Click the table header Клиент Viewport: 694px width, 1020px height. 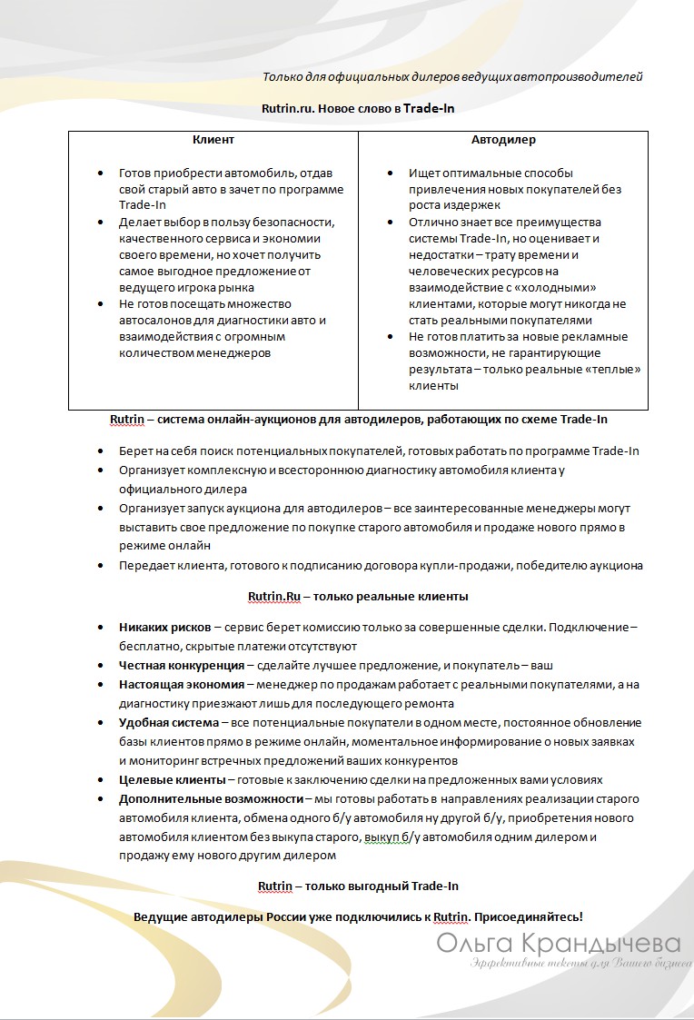point(213,140)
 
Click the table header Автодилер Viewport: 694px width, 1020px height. point(503,140)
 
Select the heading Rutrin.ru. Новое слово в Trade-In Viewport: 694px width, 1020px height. point(357,108)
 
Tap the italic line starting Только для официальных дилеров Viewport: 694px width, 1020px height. point(452,77)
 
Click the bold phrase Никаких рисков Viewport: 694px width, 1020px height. point(164,628)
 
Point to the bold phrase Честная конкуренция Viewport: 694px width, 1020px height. point(181,666)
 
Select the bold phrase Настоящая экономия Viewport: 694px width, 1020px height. point(181,685)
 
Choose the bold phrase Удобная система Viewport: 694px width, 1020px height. point(169,723)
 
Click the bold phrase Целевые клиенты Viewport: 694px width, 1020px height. point(170,779)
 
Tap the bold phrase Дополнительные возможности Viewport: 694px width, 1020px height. point(211,799)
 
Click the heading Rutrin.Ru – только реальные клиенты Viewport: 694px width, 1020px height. point(357,597)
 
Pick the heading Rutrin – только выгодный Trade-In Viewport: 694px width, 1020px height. point(358,886)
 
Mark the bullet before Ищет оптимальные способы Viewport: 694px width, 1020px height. point(389,173)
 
